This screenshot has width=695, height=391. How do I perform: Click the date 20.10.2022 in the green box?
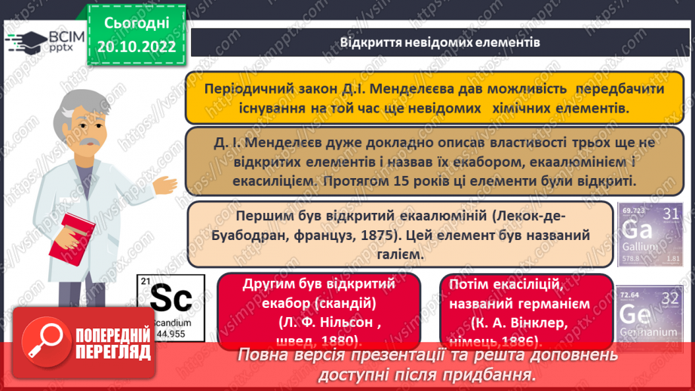(137, 47)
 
